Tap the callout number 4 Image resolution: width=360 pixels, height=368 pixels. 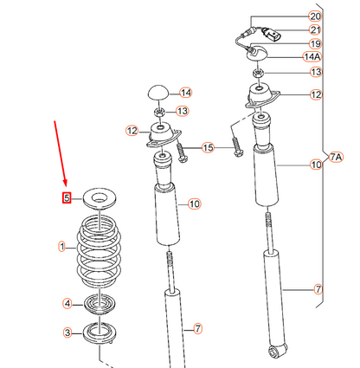pos(67,303)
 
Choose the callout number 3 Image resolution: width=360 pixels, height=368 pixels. pos(67,332)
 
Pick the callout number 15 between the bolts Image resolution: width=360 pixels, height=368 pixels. pos(207,148)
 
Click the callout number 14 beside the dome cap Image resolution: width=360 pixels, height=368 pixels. pos(185,93)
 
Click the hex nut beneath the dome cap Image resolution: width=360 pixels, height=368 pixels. pos(158,111)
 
